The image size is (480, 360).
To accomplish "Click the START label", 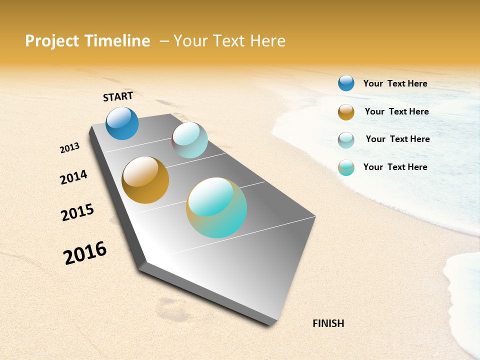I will click(x=118, y=96).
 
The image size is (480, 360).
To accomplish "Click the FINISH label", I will click(x=328, y=323).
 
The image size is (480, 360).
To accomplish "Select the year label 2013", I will click(x=70, y=148).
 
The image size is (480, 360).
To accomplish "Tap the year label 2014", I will click(x=73, y=177).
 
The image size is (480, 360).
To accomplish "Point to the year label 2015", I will click(x=77, y=212).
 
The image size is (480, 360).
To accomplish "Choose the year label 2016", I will click(x=85, y=253).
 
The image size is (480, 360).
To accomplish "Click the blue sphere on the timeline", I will click(x=122, y=123).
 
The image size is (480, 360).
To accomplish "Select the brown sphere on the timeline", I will click(x=145, y=180).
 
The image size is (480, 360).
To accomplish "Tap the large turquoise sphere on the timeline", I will click(x=216, y=207).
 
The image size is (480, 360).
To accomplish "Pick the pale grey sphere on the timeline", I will click(x=190, y=140).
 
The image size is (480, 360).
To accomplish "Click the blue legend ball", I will click(x=346, y=83).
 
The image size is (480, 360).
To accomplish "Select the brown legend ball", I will click(x=346, y=112).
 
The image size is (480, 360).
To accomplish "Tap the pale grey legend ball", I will click(x=346, y=140).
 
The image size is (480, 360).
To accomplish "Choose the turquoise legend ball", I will click(x=346, y=167).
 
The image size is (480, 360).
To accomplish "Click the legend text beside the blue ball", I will click(x=395, y=83).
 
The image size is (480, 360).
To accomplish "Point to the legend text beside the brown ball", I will click(x=396, y=111).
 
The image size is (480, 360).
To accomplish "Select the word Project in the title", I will click(x=52, y=41).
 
